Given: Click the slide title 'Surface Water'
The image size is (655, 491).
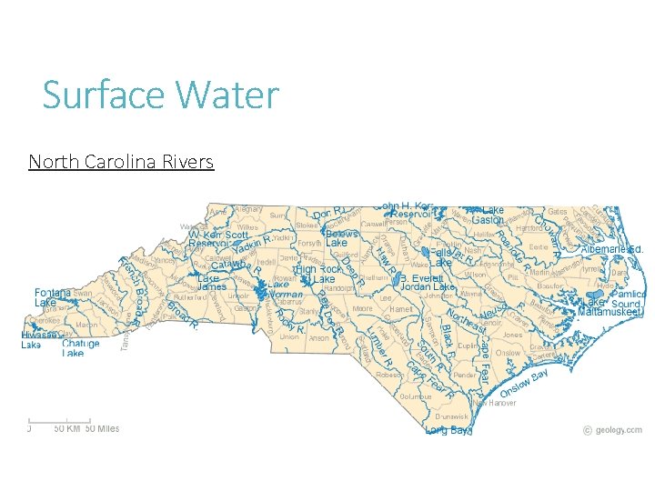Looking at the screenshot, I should pos(160,95).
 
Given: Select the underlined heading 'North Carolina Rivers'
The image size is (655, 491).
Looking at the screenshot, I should pos(121,162).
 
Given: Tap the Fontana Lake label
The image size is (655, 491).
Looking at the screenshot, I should pos(53,297).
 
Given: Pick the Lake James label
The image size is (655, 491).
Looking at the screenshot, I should pos(212,282).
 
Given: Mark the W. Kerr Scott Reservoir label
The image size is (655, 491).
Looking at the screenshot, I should pos(219,238).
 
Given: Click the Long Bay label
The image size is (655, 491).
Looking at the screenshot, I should pos(448,430).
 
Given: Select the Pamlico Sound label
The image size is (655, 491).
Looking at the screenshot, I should pos(628,299).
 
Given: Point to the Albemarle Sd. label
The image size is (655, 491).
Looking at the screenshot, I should pos(612,248).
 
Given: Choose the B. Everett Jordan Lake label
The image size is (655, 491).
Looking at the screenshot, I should pos(427,282).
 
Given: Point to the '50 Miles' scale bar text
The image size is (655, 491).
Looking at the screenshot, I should pos(102,428).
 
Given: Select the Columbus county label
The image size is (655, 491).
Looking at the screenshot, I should pos(414,396).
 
